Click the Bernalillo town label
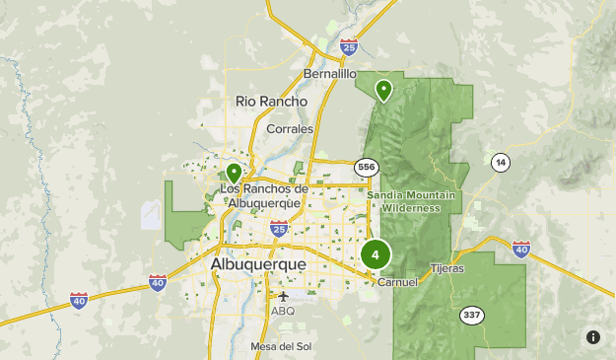click(x=330, y=74)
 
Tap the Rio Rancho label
click(x=271, y=102)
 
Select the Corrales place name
click(x=290, y=128)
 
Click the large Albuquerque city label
click(x=258, y=265)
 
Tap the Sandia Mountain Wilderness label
click(x=411, y=201)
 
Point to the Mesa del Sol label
click(x=281, y=346)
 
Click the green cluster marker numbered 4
click(x=376, y=254)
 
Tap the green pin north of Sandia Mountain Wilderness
click(x=382, y=90)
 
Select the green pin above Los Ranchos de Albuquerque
click(x=234, y=174)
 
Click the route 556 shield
click(x=367, y=167)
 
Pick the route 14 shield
click(x=501, y=162)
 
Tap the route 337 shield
click(x=471, y=316)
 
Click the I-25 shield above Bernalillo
click(x=348, y=46)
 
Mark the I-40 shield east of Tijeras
click(x=521, y=249)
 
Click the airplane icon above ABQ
click(x=284, y=296)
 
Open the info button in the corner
click(x=593, y=337)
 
